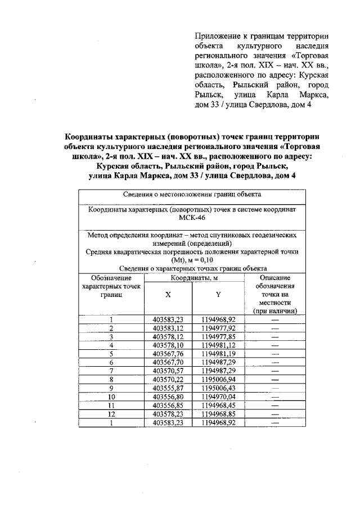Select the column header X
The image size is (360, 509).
[x=168, y=294]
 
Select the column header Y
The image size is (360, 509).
[x=218, y=294]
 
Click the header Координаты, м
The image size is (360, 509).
[x=193, y=278]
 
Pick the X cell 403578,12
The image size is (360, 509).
[x=168, y=336]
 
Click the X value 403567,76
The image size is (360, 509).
[x=168, y=354]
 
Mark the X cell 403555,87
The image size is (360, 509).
[x=168, y=388]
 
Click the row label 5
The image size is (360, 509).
[x=111, y=354]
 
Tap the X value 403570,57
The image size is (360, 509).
[x=168, y=371]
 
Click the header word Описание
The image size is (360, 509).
[x=275, y=278]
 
